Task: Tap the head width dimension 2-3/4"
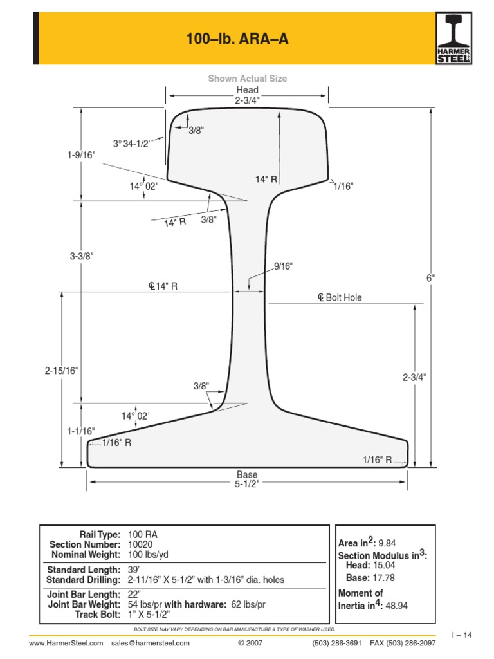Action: [x=247, y=101]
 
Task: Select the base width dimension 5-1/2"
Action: [x=247, y=485]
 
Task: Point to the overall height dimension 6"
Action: [x=431, y=278]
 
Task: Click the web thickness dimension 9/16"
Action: [x=284, y=266]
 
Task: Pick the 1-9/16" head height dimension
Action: [x=81, y=155]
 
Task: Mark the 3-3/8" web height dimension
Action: [x=82, y=255]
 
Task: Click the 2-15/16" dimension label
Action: [x=62, y=371]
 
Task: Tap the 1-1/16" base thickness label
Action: [x=81, y=431]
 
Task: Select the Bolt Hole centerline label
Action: [x=340, y=297]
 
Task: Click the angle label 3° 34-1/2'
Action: [x=131, y=144]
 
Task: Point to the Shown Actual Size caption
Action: [x=248, y=79]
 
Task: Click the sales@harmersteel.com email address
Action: [x=151, y=643]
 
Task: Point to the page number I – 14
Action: [x=462, y=635]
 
